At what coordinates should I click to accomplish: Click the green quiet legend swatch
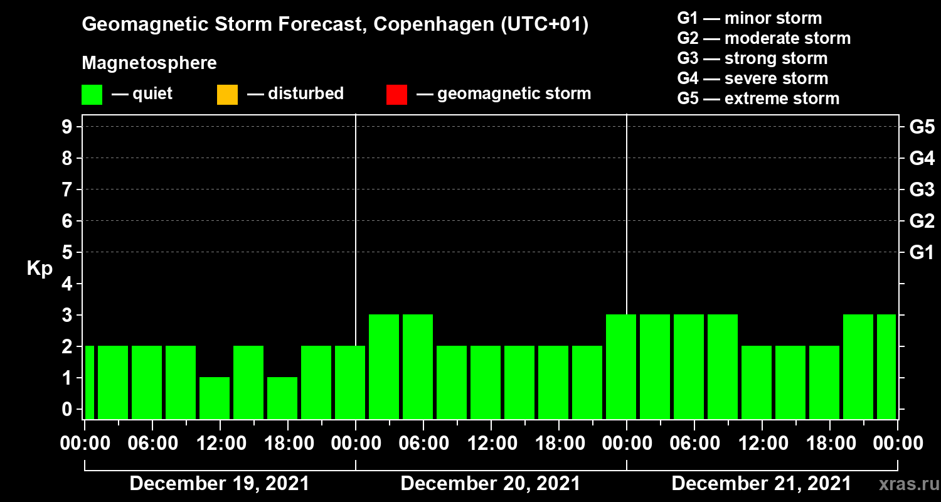point(92,95)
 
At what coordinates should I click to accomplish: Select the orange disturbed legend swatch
point(227,95)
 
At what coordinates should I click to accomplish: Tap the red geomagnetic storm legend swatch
point(396,95)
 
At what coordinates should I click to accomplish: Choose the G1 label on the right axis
point(922,253)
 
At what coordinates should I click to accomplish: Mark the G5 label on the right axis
point(922,127)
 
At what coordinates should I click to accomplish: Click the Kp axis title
point(40,269)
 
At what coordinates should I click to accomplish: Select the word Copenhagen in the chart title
point(431,25)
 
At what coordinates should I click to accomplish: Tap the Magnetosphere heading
point(149,63)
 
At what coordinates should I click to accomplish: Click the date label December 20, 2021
point(491,484)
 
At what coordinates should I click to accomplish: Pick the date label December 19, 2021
point(220,484)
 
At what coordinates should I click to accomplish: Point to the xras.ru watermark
point(904,484)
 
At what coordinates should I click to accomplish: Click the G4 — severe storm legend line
point(752,78)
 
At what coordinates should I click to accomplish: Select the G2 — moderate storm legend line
point(763,38)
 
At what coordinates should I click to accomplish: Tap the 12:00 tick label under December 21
point(762,444)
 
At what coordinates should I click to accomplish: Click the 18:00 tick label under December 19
point(287,444)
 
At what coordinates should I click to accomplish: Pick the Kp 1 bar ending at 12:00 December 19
point(215,398)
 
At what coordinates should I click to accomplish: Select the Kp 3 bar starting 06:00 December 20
point(418,366)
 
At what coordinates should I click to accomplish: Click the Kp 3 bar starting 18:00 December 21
point(858,366)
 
